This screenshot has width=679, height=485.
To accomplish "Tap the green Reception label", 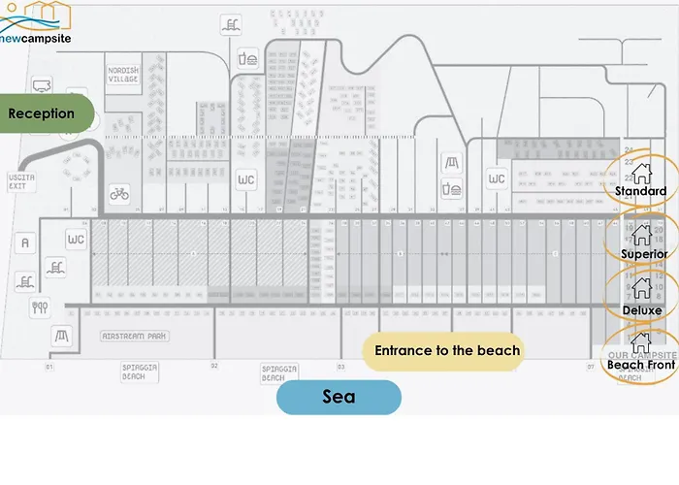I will click(43, 113).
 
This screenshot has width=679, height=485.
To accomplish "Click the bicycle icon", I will click(119, 194).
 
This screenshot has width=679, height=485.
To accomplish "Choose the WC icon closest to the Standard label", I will click(496, 179).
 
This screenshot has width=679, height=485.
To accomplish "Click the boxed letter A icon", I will click(25, 242).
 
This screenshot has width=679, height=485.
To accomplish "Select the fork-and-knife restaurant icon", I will click(41, 308).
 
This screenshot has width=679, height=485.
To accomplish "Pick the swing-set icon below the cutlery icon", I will click(62, 337).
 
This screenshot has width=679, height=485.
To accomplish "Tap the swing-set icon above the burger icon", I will click(451, 161).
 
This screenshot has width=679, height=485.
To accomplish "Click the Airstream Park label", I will click(135, 336).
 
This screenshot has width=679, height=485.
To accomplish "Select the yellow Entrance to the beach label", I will click(446, 350).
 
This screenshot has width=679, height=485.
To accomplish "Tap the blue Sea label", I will click(339, 397).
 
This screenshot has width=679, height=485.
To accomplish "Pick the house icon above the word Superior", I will click(640, 234).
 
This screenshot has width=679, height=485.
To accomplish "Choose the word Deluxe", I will click(642, 310).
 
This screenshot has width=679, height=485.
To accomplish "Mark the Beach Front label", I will click(640, 365).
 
